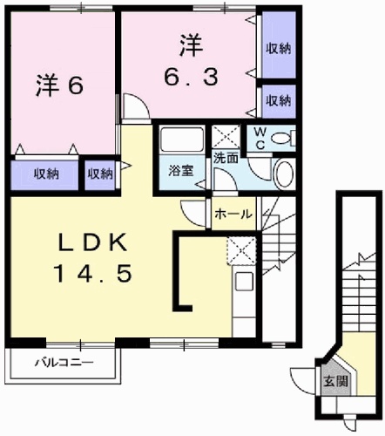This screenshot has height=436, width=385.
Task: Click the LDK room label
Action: tap(92, 242)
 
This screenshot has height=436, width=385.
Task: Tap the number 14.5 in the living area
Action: tap(93, 274)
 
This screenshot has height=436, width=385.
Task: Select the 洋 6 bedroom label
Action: tap(60, 85)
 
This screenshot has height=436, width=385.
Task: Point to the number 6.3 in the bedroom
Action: tap(191, 77)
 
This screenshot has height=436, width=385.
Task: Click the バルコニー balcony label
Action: tap(64, 363)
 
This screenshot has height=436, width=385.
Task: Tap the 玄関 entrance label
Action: tap(336, 380)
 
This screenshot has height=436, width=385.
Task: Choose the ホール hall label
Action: tap(233, 215)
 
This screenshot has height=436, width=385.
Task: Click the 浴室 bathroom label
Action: tap(181, 171)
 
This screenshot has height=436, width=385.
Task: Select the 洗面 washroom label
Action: tap(226, 158)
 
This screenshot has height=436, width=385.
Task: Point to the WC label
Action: tap(260, 139)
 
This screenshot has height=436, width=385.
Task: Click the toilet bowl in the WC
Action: tap(281, 139)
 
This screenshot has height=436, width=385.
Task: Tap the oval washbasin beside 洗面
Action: tap(284, 174)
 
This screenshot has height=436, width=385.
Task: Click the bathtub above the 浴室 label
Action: tap(182, 140)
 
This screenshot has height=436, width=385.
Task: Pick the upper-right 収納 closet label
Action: tap(279, 49)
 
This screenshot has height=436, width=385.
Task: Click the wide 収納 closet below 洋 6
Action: tap(46, 174)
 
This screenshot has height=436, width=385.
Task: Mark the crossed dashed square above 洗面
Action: tap(226, 137)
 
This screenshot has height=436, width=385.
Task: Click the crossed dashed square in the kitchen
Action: tap(241, 250)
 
